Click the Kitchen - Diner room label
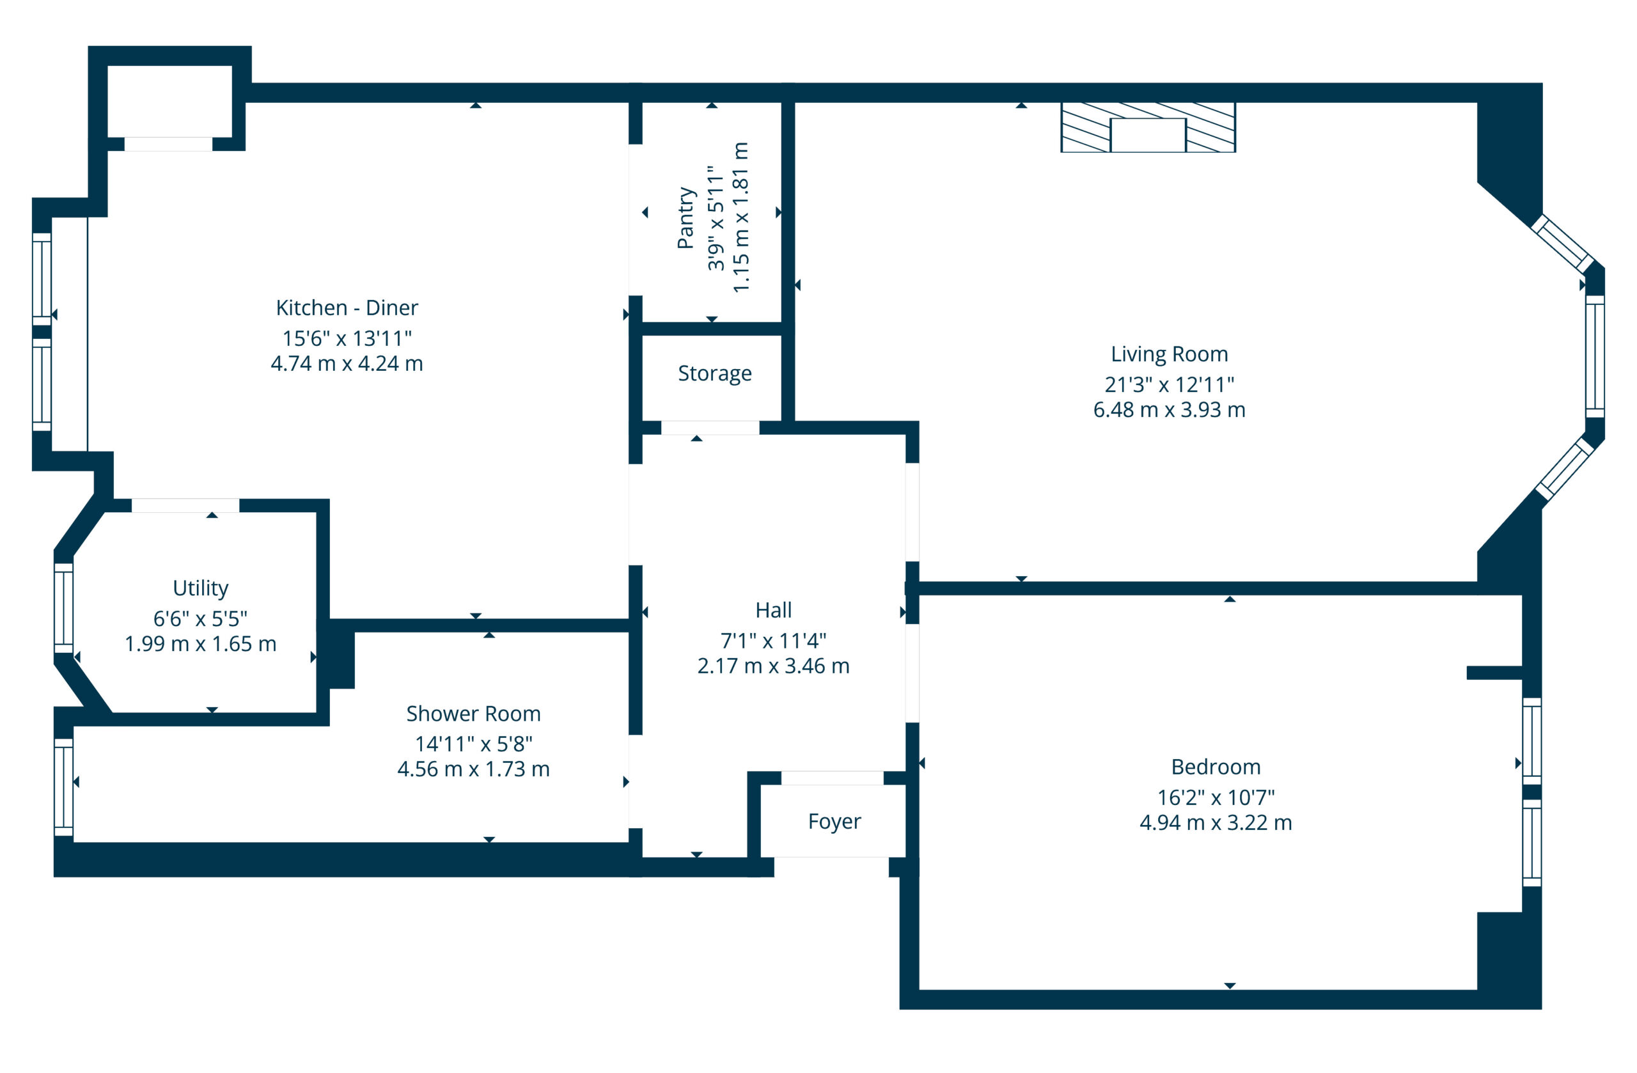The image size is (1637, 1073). [x=347, y=308]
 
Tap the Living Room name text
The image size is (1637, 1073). [x=1170, y=354]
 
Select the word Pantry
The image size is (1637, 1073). [x=686, y=217]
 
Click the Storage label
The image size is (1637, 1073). [x=715, y=373]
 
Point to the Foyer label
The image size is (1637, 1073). [x=834, y=821]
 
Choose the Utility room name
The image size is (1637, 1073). [x=200, y=588]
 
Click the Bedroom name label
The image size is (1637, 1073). [x=1216, y=767]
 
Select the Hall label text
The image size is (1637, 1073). [x=773, y=610]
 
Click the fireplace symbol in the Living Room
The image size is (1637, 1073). [x=1148, y=127]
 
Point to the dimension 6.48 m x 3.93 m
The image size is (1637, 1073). [x=1170, y=410]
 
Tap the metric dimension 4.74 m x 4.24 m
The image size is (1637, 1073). [x=347, y=363]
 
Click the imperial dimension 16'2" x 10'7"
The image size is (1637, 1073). [x=1216, y=797]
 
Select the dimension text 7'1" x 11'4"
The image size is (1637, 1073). [x=773, y=640]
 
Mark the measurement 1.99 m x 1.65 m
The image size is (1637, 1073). [x=200, y=644]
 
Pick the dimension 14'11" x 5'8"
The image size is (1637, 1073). [x=473, y=744]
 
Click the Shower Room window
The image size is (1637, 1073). [x=63, y=788]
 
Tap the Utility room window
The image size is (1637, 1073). [x=63, y=608]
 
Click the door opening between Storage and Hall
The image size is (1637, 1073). [x=710, y=428]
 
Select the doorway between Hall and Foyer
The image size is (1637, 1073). [x=833, y=778]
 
